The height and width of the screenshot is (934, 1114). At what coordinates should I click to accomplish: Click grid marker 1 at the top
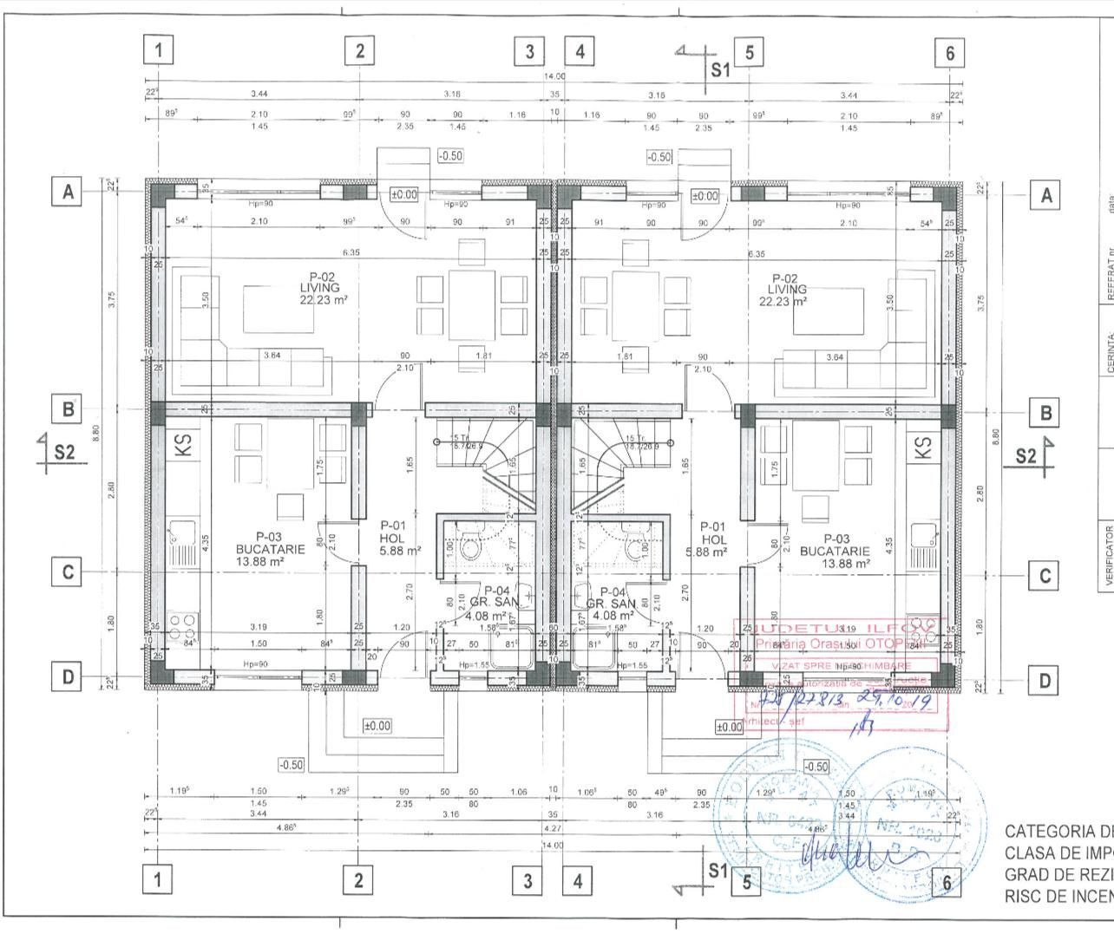point(158,50)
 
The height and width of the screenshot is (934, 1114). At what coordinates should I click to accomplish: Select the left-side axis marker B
point(67,408)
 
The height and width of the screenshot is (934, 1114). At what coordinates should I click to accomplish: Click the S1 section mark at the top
point(720,69)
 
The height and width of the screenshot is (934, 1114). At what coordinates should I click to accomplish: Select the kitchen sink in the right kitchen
point(922,535)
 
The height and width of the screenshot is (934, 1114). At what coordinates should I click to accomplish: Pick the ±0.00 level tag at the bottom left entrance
point(377,725)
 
